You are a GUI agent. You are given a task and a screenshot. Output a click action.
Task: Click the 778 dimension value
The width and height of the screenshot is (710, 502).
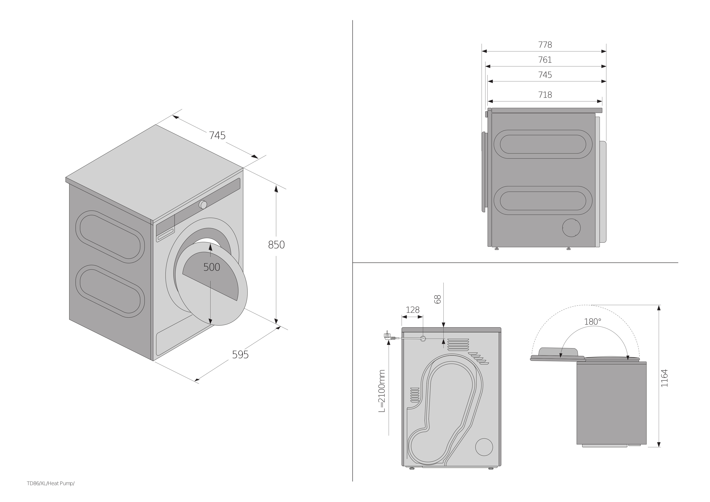coord(545,45)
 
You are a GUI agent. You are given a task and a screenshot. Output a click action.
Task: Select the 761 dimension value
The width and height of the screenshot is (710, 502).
coord(545,60)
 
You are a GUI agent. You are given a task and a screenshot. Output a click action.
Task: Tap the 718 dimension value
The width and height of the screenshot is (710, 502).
coord(545,95)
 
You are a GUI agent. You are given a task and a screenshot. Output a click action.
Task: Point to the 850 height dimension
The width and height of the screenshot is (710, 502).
coord(276,245)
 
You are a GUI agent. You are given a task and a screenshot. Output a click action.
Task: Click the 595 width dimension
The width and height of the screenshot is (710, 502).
coord(240,354)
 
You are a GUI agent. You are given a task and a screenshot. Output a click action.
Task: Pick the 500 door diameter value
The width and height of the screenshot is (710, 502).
coord(212,267)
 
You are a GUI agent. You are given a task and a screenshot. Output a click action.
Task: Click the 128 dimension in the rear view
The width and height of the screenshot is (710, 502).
coord(412,310)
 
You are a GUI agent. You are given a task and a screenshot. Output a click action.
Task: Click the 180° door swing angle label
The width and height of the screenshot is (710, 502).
coord(592,322)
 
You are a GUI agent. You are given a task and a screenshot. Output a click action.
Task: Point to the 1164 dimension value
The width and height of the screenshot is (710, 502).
coord(664,378)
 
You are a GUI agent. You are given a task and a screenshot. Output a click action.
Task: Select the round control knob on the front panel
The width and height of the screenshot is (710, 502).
coord(203,204)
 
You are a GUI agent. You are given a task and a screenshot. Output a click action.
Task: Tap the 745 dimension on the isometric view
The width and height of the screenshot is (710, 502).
coord(217,135)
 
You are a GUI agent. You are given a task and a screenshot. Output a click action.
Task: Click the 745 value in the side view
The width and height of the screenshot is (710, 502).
coord(545,75)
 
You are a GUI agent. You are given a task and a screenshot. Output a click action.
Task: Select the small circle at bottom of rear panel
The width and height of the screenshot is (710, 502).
coord(484,447)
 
